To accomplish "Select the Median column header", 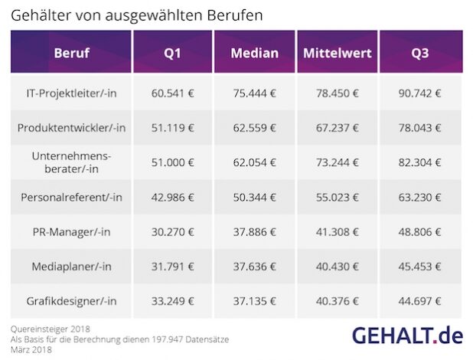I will [254, 53].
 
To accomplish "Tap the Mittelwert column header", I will [338, 53].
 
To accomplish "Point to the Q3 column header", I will [422, 53].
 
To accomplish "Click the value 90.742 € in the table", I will [422, 93].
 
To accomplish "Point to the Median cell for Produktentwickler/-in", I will [254, 128].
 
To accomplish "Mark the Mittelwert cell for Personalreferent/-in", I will [338, 198].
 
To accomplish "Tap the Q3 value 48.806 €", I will [422, 232].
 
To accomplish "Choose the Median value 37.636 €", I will [254, 267].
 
